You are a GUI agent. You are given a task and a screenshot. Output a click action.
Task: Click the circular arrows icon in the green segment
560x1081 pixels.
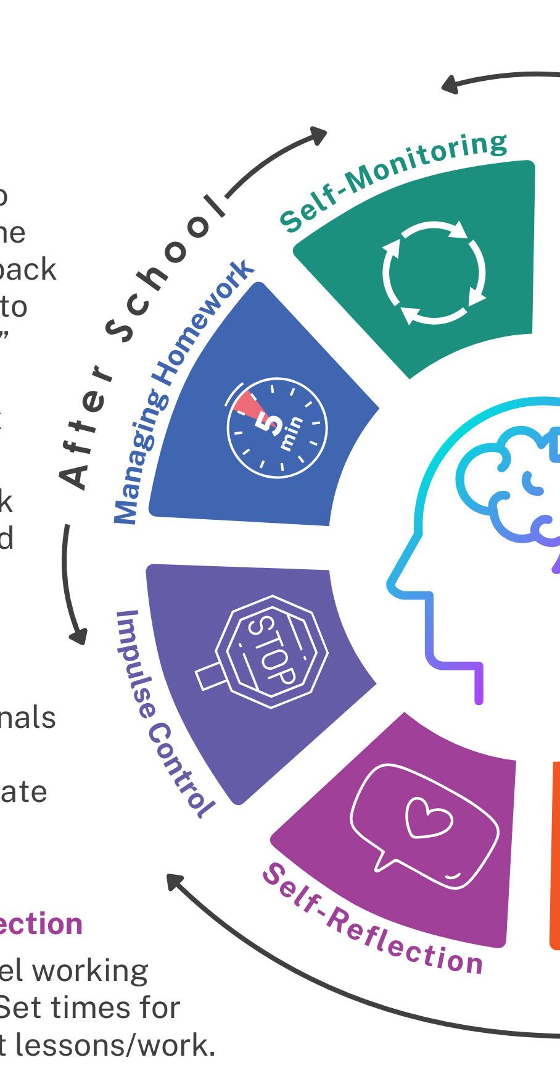click(434, 272)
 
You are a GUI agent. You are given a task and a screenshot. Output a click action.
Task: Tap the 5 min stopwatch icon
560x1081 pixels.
click(277, 429)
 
